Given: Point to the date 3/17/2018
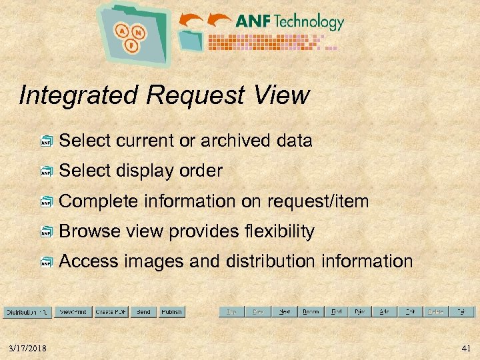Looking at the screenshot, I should tap(27, 347).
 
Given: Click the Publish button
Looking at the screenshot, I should tap(171, 311).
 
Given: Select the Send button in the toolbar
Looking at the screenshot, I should tap(143, 311).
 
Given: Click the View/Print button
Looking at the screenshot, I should tap(73, 311).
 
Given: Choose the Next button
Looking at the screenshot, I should tap(284, 311).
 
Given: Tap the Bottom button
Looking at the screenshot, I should tap(310, 311).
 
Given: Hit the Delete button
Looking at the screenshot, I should tap(435, 311).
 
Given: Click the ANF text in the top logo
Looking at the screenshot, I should tap(252, 22).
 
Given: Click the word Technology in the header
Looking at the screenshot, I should tap(309, 22).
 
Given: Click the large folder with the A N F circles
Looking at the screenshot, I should tap(133, 33).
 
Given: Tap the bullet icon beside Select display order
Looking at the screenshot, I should tap(46, 172).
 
